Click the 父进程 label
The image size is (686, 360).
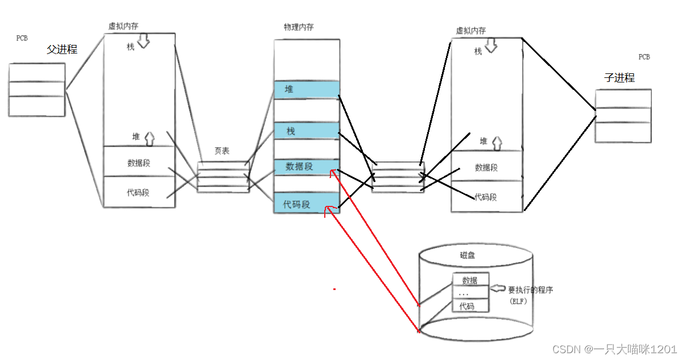point(62,49)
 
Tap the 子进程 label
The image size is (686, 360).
point(619,78)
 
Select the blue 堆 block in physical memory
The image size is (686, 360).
point(307,89)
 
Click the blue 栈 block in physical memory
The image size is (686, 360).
point(307,131)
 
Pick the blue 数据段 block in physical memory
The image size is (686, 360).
point(307,167)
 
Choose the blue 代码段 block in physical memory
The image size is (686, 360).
point(307,204)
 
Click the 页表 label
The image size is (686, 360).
point(222,151)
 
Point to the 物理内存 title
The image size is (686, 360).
point(299,27)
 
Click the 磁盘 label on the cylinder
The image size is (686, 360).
point(467,256)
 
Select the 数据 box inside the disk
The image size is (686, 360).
point(470,280)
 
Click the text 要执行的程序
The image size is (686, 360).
point(531,290)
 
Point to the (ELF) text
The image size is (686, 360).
point(518,301)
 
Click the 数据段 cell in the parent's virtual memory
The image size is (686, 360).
point(139,163)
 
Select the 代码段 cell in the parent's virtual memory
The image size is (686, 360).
point(138,192)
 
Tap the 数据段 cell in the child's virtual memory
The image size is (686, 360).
point(486,167)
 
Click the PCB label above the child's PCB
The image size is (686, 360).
point(644,57)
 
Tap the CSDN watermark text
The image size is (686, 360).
point(614,349)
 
